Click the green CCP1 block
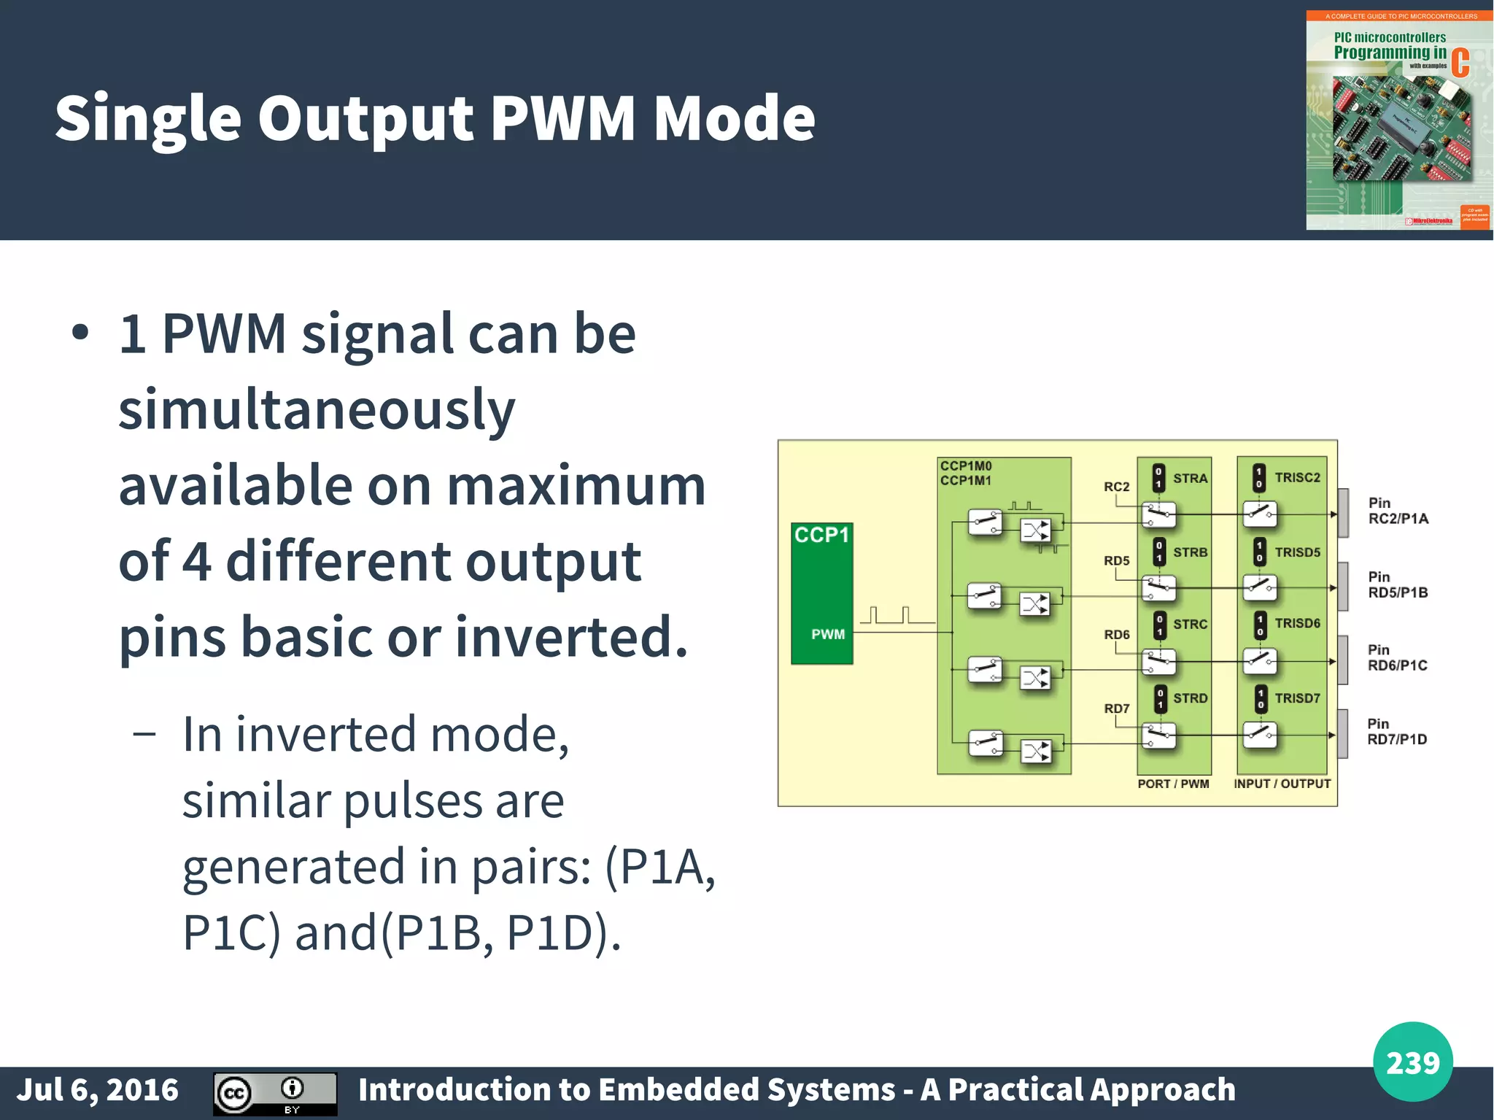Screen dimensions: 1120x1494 point(821,592)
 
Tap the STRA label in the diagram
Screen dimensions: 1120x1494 point(1190,479)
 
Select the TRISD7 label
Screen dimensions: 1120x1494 point(1297,698)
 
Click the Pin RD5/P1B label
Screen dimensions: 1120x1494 point(1397,585)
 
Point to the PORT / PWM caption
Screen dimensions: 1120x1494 point(1173,784)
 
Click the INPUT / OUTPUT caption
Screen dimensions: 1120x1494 point(1282,784)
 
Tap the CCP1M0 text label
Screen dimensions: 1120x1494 point(966,466)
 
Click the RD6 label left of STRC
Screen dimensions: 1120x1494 point(1116,635)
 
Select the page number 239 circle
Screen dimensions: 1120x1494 point(1412,1062)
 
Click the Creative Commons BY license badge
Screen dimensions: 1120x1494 point(275,1094)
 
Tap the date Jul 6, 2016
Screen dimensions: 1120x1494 point(97,1089)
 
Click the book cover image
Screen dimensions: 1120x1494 point(1398,120)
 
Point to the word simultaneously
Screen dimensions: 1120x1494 point(317,410)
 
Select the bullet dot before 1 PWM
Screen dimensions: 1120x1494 point(80,333)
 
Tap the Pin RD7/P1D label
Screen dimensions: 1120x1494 point(1396,732)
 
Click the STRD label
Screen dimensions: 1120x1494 point(1190,698)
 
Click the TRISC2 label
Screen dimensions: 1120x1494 point(1297,478)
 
